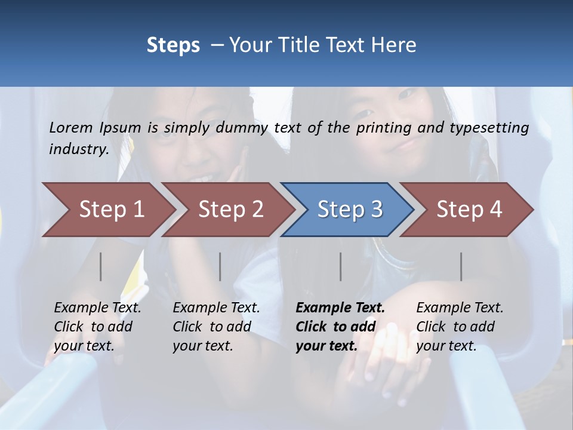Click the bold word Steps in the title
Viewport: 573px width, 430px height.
pyautogui.click(x=173, y=45)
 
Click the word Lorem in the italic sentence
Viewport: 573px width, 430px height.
pyautogui.click(x=71, y=127)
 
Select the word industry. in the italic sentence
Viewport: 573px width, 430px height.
pyautogui.click(x=79, y=149)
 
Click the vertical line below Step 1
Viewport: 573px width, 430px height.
pyautogui.click(x=101, y=266)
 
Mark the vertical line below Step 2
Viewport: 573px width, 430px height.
pyautogui.click(x=220, y=266)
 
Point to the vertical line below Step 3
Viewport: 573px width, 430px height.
pyautogui.click(x=341, y=266)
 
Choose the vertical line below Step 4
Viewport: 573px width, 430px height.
pyautogui.click(x=461, y=266)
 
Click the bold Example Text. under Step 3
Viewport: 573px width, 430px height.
pyautogui.click(x=340, y=308)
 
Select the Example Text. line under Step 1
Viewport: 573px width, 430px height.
pyautogui.click(x=97, y=308)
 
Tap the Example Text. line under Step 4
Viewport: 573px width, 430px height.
pyautogui.click(x=460, y=308)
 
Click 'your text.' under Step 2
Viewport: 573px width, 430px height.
pyautogui.click(x=202, y=346)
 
